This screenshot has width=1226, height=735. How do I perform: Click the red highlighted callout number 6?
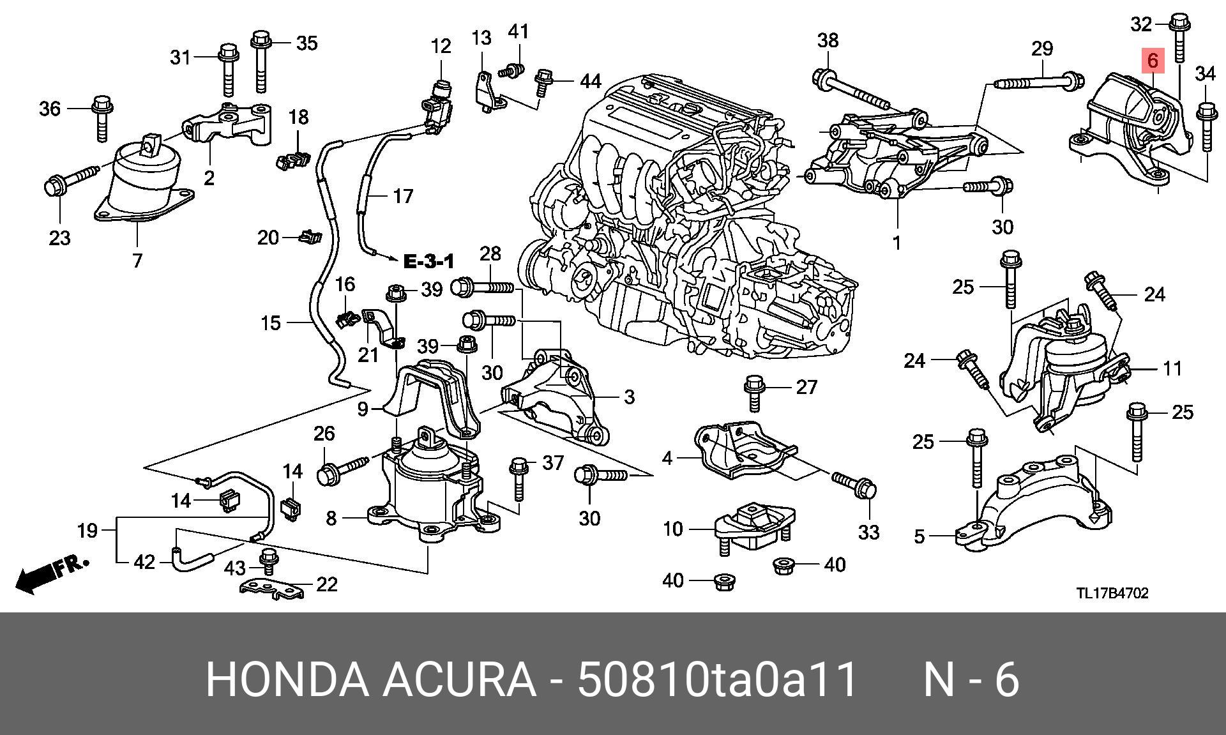click(x=1153, y=61)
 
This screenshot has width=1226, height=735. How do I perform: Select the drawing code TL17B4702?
click(x=1112, y=593)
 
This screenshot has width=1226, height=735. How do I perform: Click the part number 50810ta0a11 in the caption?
click(x=717, y=679)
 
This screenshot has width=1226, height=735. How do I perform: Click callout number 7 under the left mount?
click(x=137, y=261)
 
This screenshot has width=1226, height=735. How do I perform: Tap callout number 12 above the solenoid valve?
click(x=441, y=46)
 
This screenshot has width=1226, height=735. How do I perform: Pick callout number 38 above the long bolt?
click(x=828, y=40)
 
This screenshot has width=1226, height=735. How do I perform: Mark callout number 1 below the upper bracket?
click(x=897, y=243)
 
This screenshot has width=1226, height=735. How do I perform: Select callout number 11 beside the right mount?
click(x=1172, y=368)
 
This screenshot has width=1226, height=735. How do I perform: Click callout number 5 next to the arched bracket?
click(x=919, y=536)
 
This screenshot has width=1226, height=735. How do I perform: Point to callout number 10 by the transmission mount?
click(x=673, y=529)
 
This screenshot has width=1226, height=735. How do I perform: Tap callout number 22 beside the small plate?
click(x=327, y=584)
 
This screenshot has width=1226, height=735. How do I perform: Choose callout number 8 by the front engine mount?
click(x=331, y=517)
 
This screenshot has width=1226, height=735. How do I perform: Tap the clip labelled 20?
click(x=309, y=238)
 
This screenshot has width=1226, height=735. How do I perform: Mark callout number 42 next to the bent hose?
click(x=144, y=562)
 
